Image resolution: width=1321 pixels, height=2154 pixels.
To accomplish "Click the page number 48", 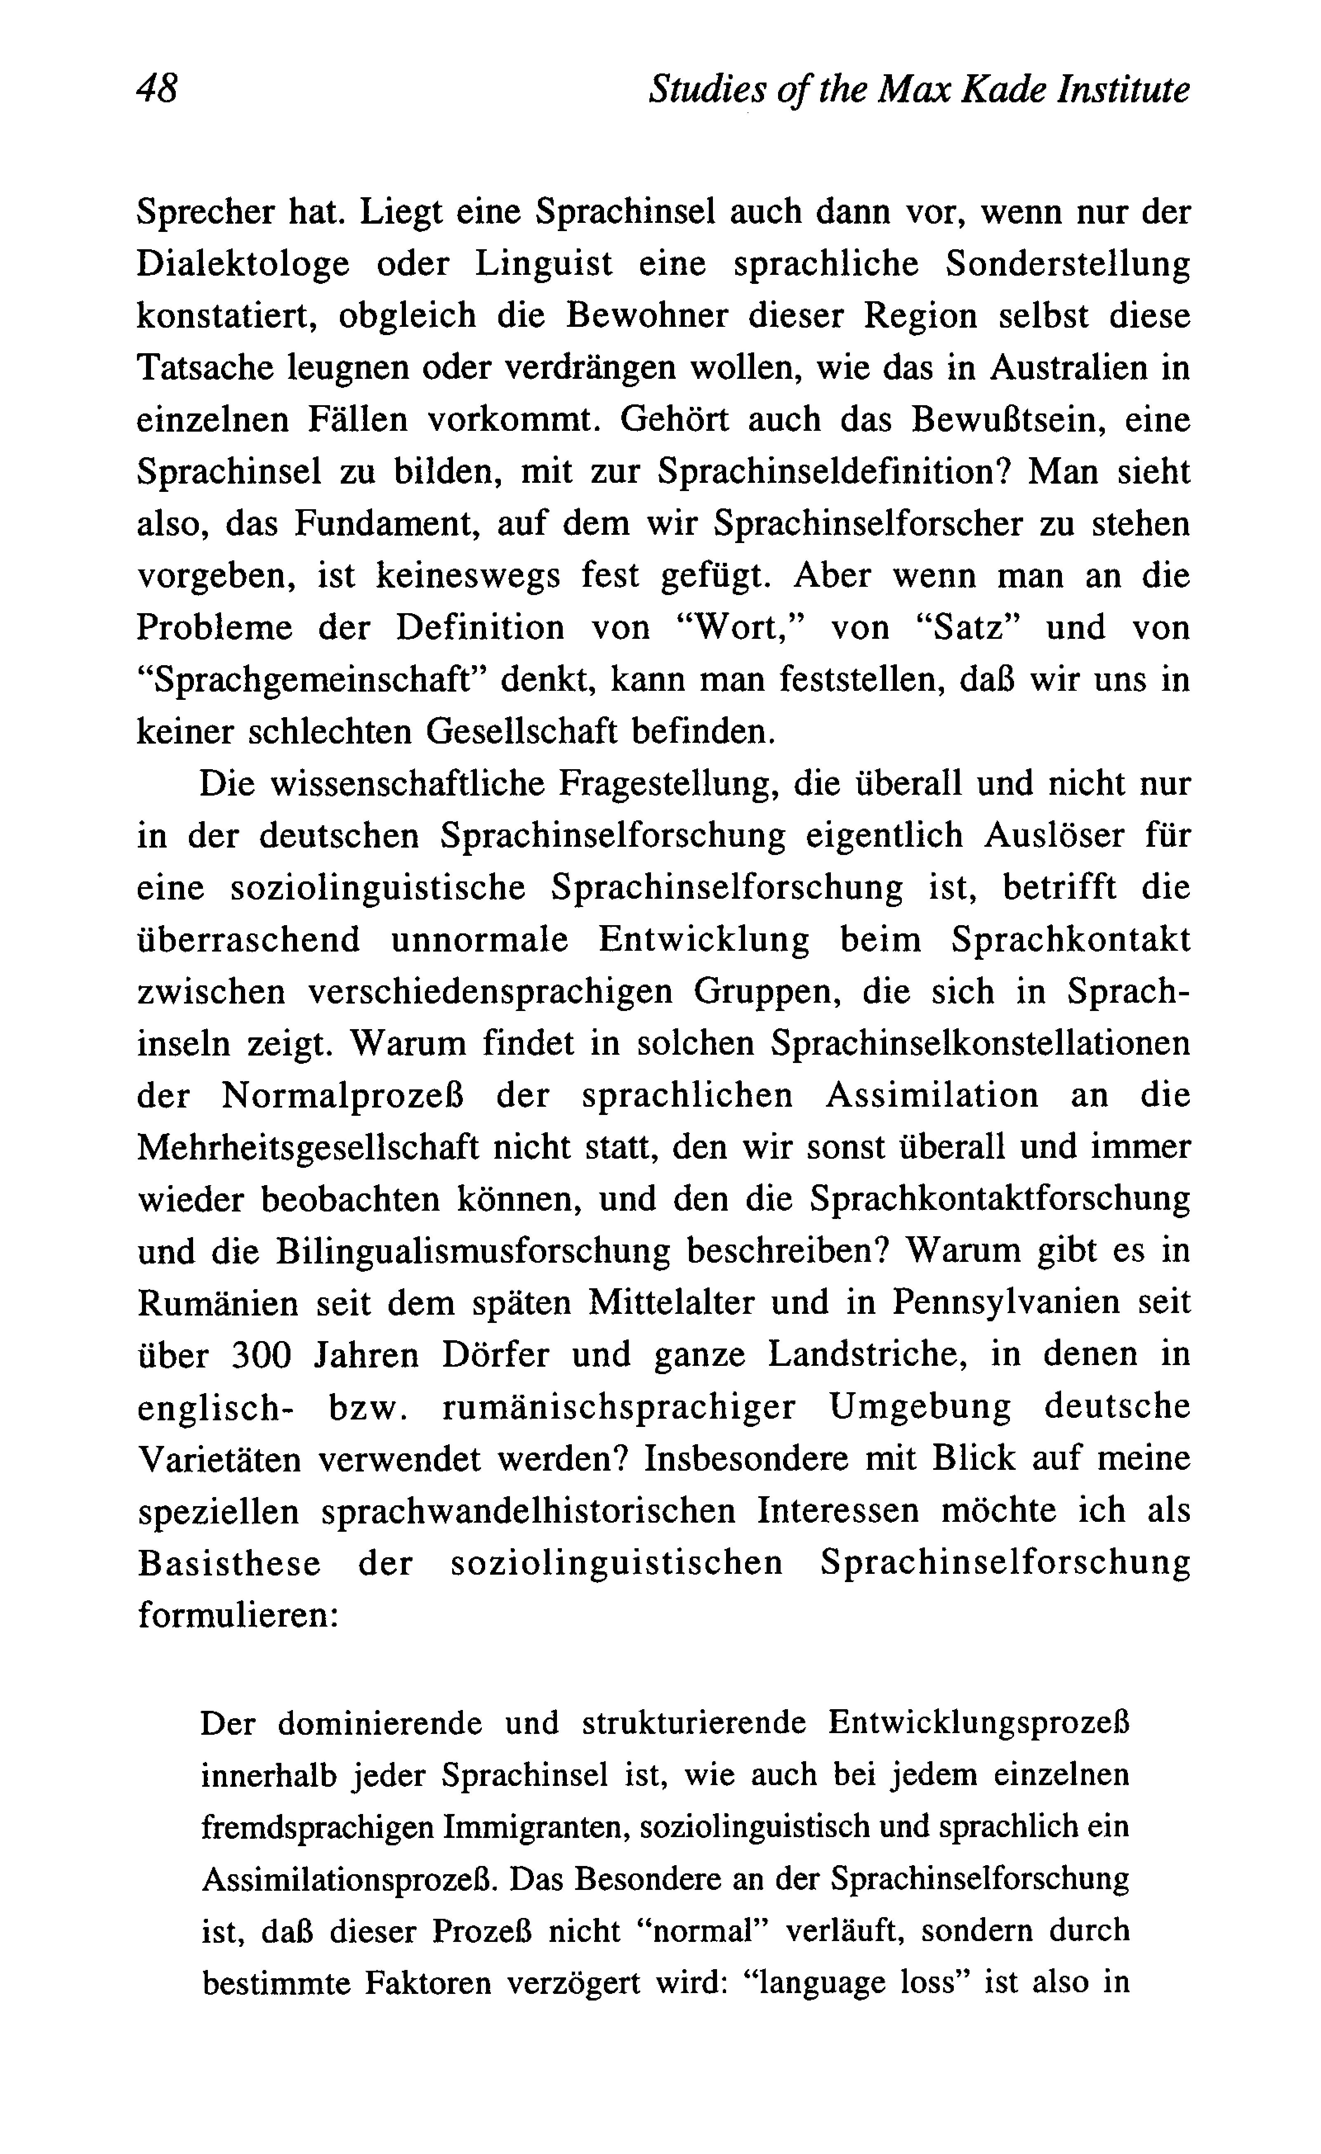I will pos(157,89).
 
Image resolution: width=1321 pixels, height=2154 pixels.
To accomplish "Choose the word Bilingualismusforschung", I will pos(473,1251).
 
